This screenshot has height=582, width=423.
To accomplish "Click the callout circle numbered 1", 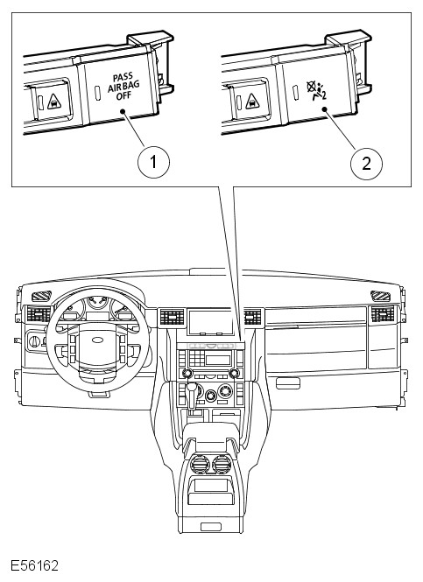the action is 153,162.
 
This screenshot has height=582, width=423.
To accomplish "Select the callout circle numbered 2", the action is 366,163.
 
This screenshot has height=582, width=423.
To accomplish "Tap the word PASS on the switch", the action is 123,78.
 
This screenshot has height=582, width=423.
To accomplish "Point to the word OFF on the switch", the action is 123,95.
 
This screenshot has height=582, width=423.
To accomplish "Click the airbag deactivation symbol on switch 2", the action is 316,90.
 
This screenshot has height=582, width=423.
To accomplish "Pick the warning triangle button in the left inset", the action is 54,101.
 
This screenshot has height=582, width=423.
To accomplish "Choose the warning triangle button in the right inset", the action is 252,101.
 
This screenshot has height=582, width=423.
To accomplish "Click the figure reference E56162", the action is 34,565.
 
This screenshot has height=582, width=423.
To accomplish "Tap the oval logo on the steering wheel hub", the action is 97,340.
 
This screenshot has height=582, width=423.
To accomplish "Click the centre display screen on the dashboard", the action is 210,322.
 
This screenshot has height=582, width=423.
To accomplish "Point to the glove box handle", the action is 288,383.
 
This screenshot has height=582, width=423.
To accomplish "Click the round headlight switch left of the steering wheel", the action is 34,340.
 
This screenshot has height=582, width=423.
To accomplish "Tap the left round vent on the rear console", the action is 200,464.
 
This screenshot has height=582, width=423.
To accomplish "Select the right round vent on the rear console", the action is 222,464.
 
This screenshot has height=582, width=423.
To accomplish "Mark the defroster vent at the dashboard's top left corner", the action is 41,296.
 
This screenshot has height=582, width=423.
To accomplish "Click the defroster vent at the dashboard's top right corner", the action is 380,296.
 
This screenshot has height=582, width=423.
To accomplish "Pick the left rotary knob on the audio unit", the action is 187,373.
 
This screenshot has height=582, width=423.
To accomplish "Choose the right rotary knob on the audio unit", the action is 234,373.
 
